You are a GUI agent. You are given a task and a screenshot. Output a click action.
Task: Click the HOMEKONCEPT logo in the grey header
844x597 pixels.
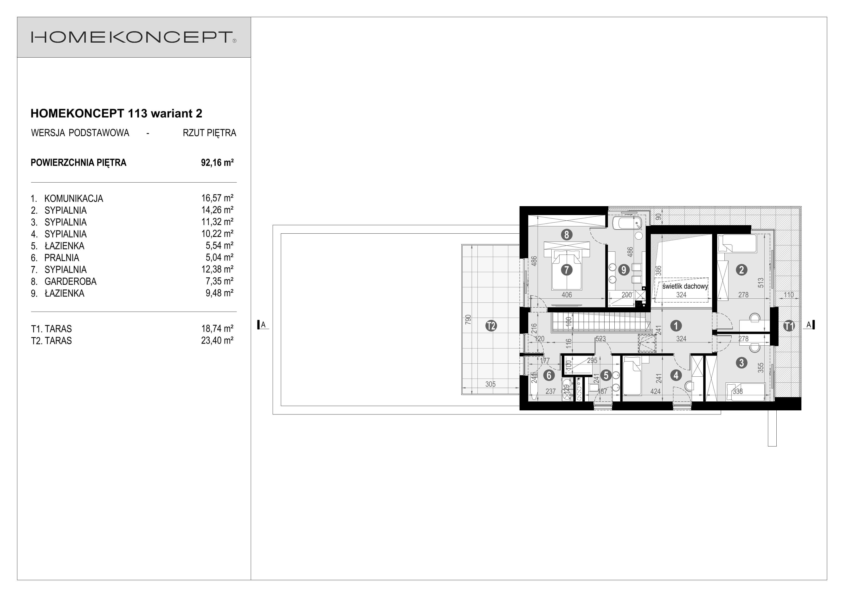tap(133, 37)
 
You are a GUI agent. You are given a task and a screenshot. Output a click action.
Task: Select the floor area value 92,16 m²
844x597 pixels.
tap(217, 163)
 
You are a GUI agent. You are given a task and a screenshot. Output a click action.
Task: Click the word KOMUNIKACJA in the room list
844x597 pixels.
tap(73, 199)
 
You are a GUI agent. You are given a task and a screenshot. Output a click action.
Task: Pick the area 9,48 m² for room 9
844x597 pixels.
tap(219, 293)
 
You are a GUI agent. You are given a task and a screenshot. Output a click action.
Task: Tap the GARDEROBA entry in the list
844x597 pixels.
tap(70, 281)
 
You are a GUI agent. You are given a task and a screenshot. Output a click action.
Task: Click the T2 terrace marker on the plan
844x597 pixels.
tap(491, 326)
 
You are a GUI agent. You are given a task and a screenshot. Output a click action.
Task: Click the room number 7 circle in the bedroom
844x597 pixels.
tap(567, 270)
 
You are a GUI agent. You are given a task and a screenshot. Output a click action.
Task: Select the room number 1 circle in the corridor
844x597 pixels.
tap(676, 326)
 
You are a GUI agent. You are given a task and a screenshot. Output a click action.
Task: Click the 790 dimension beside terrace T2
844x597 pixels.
tap(468, 319)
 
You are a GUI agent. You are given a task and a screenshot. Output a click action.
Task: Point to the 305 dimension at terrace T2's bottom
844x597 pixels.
tap(490, 384)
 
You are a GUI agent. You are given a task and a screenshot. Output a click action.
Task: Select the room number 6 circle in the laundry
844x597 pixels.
tap(549, 375)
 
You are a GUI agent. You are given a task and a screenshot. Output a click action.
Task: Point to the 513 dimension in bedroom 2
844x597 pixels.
tap(760, 282)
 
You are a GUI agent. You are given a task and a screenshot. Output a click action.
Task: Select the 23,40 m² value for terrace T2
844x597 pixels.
tap(217, 341)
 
